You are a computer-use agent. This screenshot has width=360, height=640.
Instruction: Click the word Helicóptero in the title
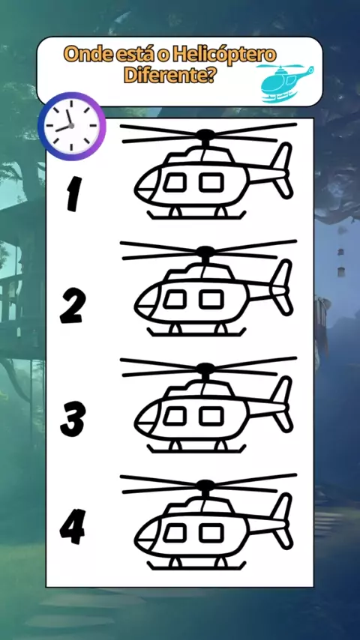pos(224,55)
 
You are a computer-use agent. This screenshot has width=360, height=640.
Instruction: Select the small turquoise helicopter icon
pos(285,83)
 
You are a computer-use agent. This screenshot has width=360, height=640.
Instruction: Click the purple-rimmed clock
pos(71,126)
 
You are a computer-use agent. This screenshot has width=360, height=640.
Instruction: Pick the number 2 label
pos(73,306)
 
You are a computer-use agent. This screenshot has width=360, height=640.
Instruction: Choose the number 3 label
pos(73,419)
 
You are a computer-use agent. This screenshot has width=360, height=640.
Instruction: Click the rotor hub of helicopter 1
pos(205,134)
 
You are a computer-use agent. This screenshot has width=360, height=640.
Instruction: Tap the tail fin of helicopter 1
pos(282,170)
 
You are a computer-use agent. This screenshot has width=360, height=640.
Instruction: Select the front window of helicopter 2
pos(175,300)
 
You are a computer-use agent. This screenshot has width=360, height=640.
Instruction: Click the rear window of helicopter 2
pos(211,299)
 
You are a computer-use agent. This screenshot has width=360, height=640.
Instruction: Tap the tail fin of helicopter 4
pos(282,521)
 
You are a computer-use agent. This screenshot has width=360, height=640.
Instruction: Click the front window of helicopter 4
pos(175,533)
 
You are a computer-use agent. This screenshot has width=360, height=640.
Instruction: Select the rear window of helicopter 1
pos(211,182)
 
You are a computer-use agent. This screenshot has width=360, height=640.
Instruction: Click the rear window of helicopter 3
pos(211,417)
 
